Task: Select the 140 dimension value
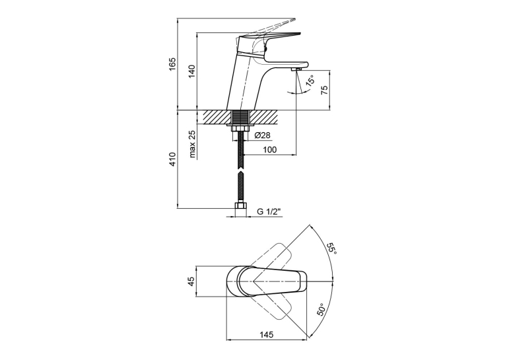tap(191, 71)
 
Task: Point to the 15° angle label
tap(310, 80)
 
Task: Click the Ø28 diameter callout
tap(262, 135)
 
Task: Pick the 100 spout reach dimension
tap(269, 150)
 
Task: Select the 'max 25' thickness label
tap(192, 145)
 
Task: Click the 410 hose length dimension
tap(173, 159)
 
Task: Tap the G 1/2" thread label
tap(269, 212)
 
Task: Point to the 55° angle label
tap(331, 248)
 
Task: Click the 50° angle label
tap(321, 310)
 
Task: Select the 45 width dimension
tap(191, 281)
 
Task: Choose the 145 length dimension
tap(266, 334)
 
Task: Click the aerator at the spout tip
tap(296, 69)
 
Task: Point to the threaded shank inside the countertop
tap(240, 118)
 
